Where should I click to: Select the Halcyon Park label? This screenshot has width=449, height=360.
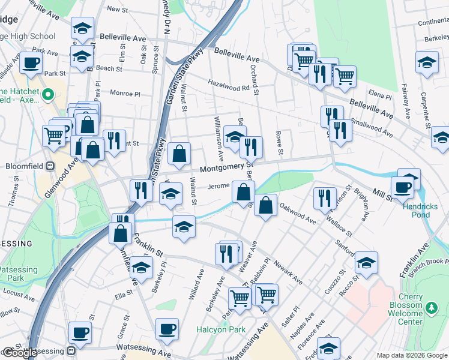[221, 329]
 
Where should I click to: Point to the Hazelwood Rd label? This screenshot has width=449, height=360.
[229, 85]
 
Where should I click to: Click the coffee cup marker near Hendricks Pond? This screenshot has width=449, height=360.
[402, 187]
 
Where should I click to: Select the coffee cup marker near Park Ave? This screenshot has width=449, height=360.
[31, 62]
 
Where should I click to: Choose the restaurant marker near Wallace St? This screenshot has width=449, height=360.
[325, 197]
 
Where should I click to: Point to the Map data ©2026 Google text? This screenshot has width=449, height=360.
[412, 355]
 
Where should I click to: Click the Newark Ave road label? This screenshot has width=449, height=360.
[290, 276]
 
